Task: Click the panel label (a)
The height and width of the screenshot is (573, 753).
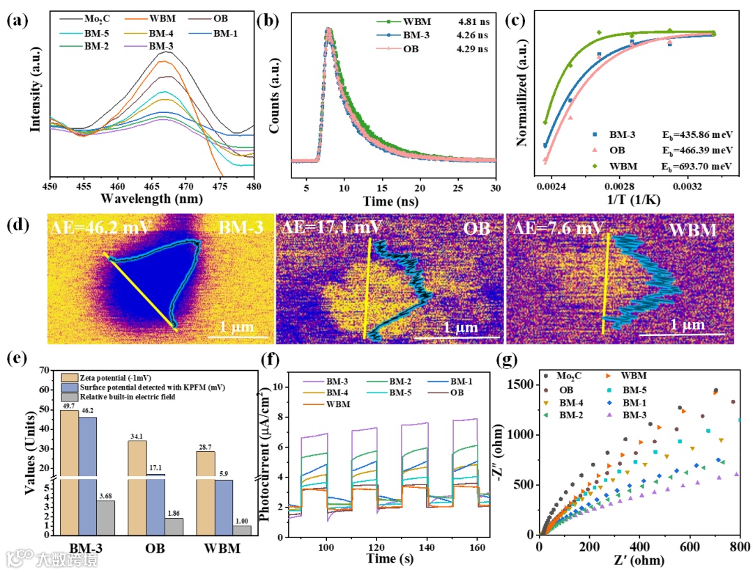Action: pyautogui.click(x=17, y=20)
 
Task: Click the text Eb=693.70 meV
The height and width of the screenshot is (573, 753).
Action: pyautogui.click(x=697, y=167)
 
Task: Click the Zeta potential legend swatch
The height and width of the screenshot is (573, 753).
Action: pyautogui.click(x=68, y=377)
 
